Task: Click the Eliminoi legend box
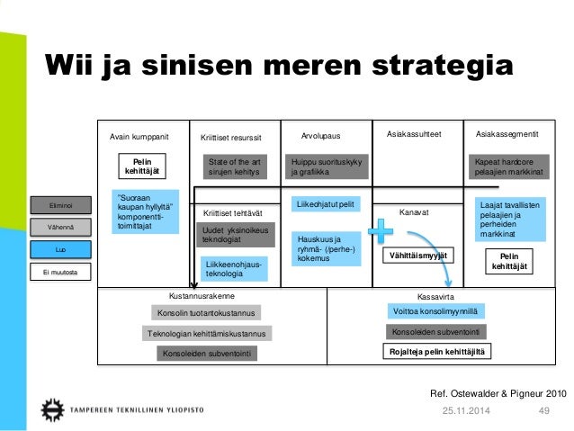coord(60,207)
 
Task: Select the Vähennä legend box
coord(60,228)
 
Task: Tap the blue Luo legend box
coord(60,248)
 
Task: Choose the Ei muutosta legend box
coord(60,269)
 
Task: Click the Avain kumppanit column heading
coord(139,135)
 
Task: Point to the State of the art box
coord(233,166)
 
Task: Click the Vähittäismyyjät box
coord(416,256)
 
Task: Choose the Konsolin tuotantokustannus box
coord(206,313)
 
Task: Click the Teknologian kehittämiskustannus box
coord(207,334)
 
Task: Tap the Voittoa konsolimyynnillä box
coord(433,311)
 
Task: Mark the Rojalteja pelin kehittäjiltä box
coord(435,353)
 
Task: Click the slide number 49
coord(543,411)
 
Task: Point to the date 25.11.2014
coord(462,411)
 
